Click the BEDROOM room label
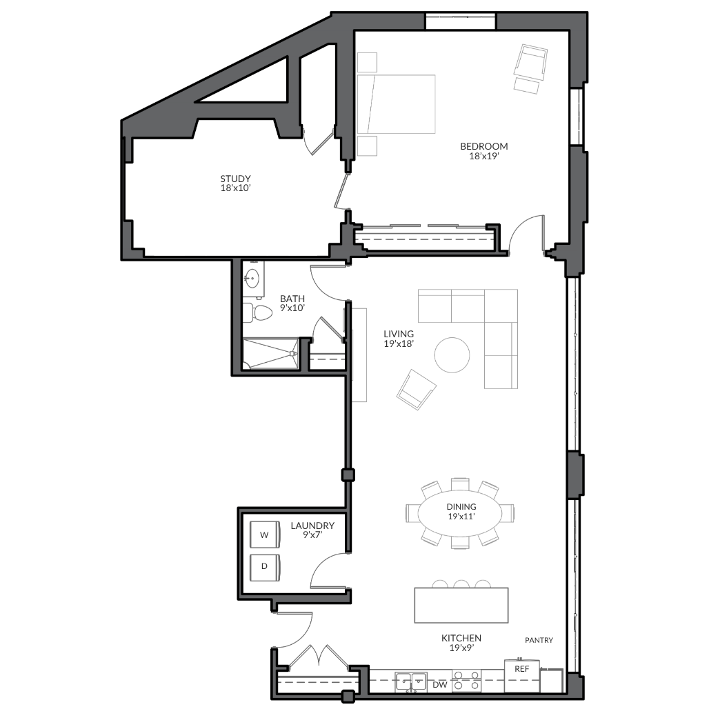[x=484, y=146]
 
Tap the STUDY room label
[x=236, y=179]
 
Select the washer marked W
[x=265, y=535]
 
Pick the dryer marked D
[x=265, y=567]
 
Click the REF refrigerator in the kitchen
[x=522, y=675]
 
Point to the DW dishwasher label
[x=440, y=685]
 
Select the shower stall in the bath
[x=270, y=354]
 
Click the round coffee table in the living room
[x=452, y=355]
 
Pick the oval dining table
[x=460, y=513]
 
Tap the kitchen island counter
[x=461, y=605]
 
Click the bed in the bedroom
[x=396, y=104]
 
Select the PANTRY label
[x=539, y=640]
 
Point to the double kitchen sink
[x=411, y=681]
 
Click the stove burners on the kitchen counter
[x=467, y=681]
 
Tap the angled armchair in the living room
[x=417, y=389]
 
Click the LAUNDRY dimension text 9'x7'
[x=312, y=535]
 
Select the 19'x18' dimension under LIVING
[x=399, y=343]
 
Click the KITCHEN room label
[x=461, y=638]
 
